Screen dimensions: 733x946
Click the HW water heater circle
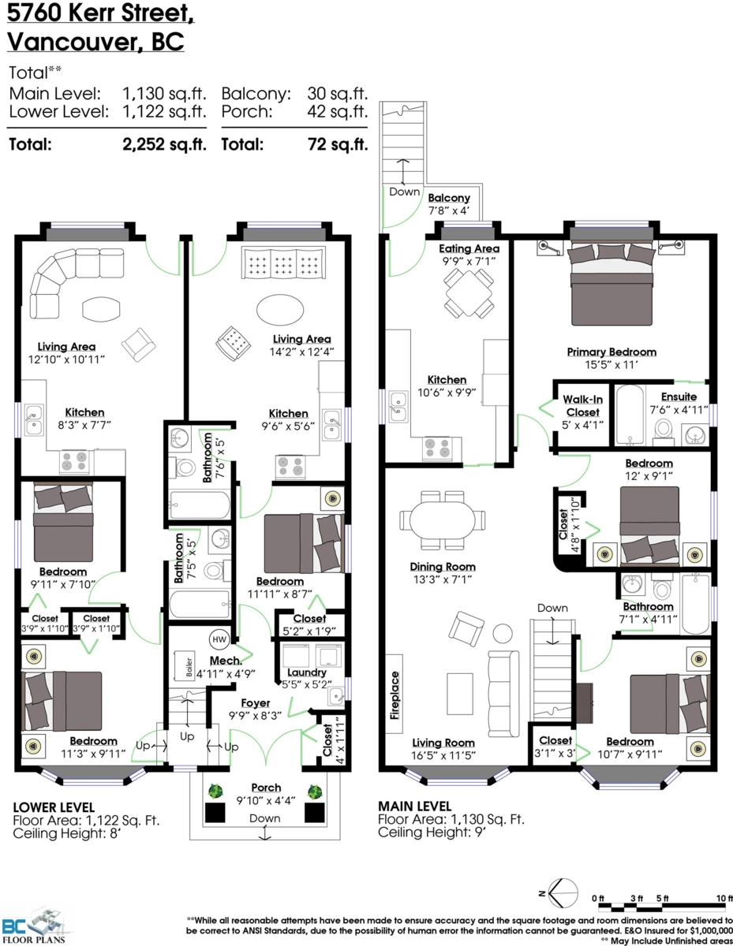point(219,639)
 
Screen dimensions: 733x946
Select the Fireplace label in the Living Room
point(395,695)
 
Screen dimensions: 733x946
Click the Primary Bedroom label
point(611,352)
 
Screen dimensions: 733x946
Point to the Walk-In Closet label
point(583,406)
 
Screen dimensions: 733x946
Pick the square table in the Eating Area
point(469,293)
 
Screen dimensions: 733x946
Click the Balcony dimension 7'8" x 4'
point(449,210)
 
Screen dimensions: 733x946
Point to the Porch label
point(266,788)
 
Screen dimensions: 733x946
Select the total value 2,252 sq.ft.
point(164,144)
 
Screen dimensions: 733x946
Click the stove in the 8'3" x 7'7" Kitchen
point(74,462)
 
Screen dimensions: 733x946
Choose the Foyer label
point(256,702)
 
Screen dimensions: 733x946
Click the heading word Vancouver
point(73,42)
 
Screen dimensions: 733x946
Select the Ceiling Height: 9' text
point(432,832)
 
